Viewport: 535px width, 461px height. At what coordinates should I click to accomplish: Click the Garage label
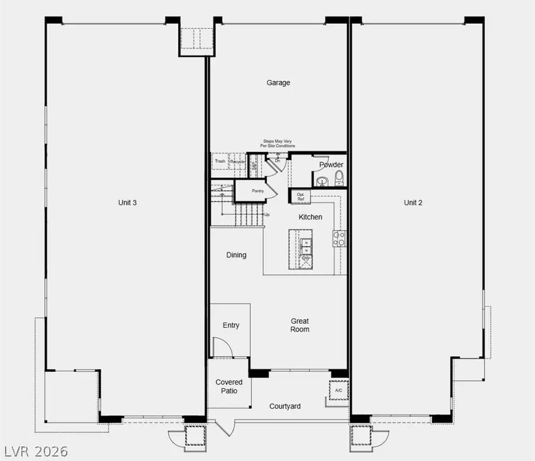pos(278,83)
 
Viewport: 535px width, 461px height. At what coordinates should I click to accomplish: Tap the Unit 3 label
pos(127,203)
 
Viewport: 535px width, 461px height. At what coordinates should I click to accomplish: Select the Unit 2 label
pos(413,203)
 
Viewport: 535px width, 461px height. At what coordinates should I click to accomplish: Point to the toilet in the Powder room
pos(339,176)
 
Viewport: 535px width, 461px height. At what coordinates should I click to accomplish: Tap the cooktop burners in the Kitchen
pos(339,238)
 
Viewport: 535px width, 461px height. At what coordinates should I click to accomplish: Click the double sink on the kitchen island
pos(307,244)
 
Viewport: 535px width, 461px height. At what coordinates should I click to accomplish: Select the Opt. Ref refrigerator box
pos(300,196)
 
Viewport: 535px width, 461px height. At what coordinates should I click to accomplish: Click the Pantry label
pos(257,191)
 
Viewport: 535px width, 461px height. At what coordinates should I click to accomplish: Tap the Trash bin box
pos(220,161)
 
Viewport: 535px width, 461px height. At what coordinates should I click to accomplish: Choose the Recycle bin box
pos(238,161)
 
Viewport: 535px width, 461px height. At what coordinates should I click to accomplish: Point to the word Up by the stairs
pos(267,214)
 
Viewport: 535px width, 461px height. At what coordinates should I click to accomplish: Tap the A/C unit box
pos(338,390)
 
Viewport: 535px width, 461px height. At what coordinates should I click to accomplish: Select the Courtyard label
pos(285,406)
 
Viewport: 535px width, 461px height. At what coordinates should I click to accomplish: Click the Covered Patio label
pos(229,386)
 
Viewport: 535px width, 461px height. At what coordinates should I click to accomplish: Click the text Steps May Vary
pos(277,141)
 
